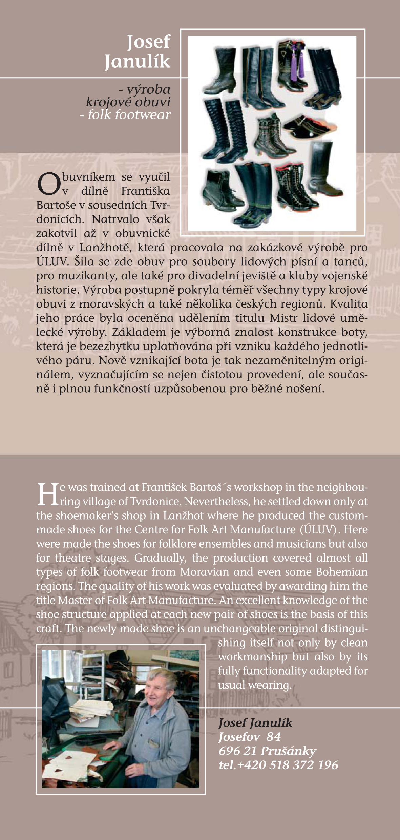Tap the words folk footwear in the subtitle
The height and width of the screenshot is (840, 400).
(129, 115)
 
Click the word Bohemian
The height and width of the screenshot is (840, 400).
(342, 572)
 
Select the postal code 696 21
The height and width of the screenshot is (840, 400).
(237, 751)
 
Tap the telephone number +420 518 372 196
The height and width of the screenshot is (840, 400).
(288, 765)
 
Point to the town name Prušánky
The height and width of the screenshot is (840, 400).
(288, 751)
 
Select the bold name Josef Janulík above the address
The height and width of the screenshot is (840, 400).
(255, 722)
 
